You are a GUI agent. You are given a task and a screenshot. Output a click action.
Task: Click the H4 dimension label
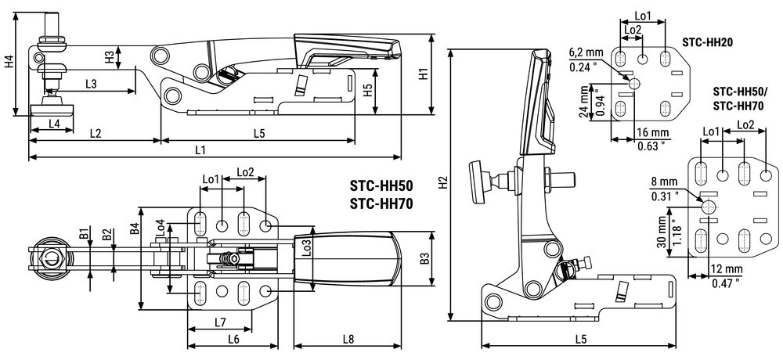[x=9, y=63]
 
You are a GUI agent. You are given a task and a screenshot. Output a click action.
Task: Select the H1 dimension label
[x=424, y=74]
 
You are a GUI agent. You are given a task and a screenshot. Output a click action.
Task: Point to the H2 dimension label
[x=442, y=184]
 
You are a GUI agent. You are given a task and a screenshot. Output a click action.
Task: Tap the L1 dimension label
[x=200, y=149]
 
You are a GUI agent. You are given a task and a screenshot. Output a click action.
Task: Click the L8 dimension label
[x=348, y=339]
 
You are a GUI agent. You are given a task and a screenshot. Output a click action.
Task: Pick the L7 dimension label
[x=220, y=322]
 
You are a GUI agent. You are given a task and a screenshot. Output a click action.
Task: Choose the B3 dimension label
[x=424, y=258]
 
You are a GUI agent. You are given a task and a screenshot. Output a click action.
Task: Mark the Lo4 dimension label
[x=161, y=229]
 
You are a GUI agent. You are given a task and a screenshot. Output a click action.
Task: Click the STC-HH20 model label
[x=706, y=42]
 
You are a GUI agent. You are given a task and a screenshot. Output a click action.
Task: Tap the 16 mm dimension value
[x=651, y=132]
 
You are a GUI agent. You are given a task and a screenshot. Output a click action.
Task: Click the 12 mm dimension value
[x=727, y=270]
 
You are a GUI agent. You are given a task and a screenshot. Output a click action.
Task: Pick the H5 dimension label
[x=367, y=90]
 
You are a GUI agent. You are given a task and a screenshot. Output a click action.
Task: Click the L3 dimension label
[x=91, y=84]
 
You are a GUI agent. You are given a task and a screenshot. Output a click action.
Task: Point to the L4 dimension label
[x=55, y=124]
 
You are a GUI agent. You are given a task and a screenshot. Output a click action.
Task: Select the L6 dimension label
[x=233, y=339]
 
